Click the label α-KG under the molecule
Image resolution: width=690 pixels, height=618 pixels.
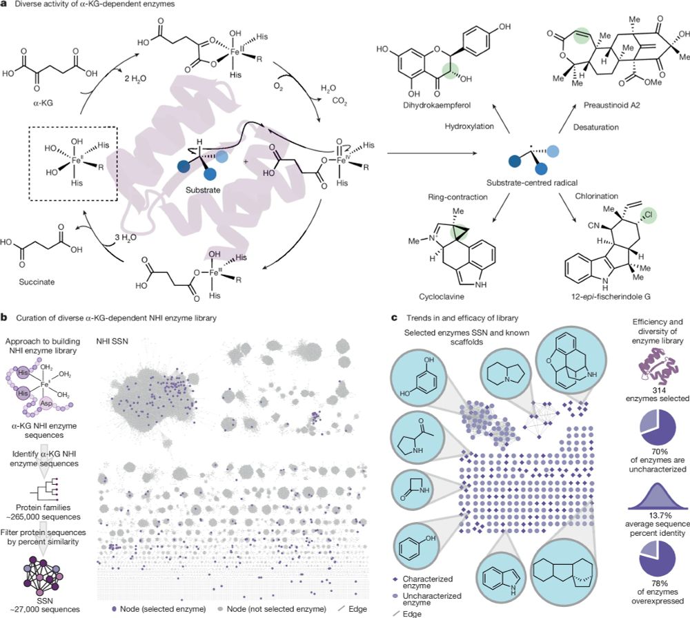(43, 105)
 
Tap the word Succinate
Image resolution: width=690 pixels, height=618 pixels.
(37, 282)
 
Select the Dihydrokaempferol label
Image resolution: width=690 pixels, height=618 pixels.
(437, 105)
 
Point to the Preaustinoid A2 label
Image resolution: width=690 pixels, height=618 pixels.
(611, 105)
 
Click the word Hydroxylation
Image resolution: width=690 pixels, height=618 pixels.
(469, 126)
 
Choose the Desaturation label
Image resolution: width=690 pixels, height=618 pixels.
(596, 127)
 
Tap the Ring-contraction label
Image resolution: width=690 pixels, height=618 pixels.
(457, 197)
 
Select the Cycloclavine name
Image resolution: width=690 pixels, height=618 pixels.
(442, 296)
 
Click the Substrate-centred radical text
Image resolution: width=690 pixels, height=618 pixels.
(532, 182)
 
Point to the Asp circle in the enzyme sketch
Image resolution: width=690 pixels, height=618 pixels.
(46, 403)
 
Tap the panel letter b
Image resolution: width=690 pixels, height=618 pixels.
(4, 318)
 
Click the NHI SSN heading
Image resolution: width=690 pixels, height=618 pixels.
(112, 341)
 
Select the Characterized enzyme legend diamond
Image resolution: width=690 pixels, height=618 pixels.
(395, 579)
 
